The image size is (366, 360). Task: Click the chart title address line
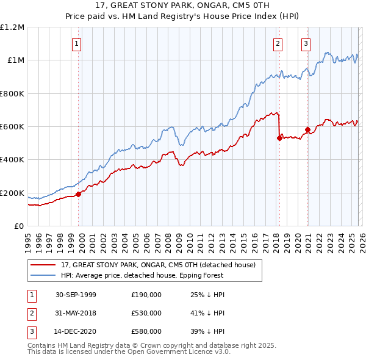click(x=182, y=5)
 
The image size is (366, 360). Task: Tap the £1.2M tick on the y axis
click(x=12, y=27)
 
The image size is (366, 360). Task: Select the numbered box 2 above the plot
click(x=278, y=43)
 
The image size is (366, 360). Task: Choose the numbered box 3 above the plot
click(x=306, y=43)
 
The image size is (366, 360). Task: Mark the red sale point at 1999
click(x=79, y=194)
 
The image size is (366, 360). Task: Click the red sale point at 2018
click(x=279, y=138)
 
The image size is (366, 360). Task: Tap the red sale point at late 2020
click(x=307, y=129)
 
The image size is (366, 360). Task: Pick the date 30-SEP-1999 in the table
click(x=76, y=295)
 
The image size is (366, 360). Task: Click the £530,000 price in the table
click(x=146, y=312)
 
